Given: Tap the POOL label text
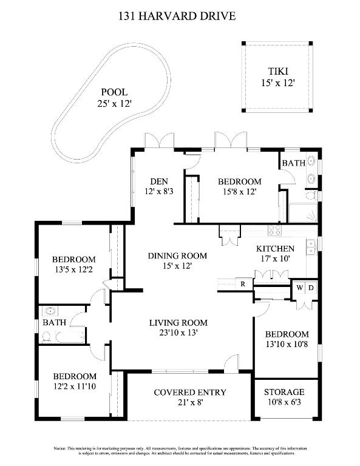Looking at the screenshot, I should (x=114, y=92).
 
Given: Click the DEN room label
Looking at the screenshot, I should (x=158, y=181).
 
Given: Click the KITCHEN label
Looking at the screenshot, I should (x=275, y=249).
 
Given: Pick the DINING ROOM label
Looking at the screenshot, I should (x=177, y=255).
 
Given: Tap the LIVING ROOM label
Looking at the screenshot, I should (x=178, y=323).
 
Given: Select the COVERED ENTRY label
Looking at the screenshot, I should (x=189, y=393).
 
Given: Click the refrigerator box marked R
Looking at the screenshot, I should (x=242, y=284).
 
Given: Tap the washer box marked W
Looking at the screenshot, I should (x=299, y=288).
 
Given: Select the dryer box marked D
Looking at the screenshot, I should (x=310, y=288).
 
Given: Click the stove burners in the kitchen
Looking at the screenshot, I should (x=275, y=231).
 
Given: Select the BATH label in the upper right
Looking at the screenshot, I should (x=293, y=163).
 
